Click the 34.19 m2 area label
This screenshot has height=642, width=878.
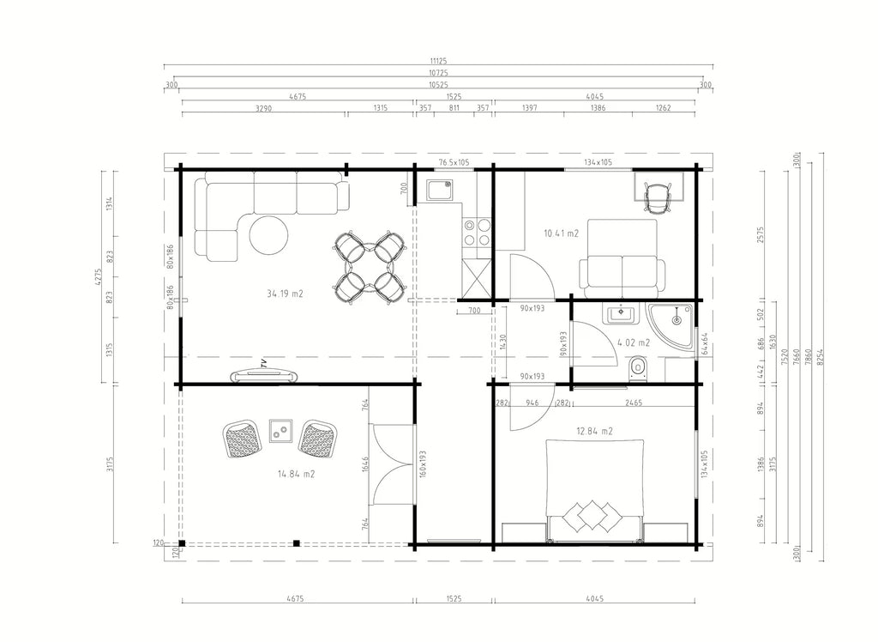coord(285,294)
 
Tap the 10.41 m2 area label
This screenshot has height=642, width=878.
coord(561,233)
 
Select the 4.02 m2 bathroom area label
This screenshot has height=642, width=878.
coord(634,342)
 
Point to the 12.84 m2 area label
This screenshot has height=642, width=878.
coord(595,431)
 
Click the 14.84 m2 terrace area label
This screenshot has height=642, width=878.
coord(296,474)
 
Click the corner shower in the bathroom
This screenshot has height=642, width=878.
coord(670,326)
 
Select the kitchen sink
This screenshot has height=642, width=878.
coord(440,190)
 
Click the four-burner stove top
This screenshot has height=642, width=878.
coord(477,233)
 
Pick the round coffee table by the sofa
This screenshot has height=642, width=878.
coord(268,235)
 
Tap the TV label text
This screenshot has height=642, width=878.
coord(263,363)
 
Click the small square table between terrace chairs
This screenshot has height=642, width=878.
coord(281,431)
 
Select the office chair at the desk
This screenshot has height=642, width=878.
coord(657,197)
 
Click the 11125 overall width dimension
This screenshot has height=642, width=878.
coord(438,61)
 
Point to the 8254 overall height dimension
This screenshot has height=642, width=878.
coord(821,356)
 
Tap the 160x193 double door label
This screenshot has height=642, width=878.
coord(423,465)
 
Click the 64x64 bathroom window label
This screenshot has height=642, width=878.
coord(705,343)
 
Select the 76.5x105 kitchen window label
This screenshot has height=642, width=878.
coord(454,162)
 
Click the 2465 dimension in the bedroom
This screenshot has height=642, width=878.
coord(634,403)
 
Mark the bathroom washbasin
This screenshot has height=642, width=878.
coord(621,313)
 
